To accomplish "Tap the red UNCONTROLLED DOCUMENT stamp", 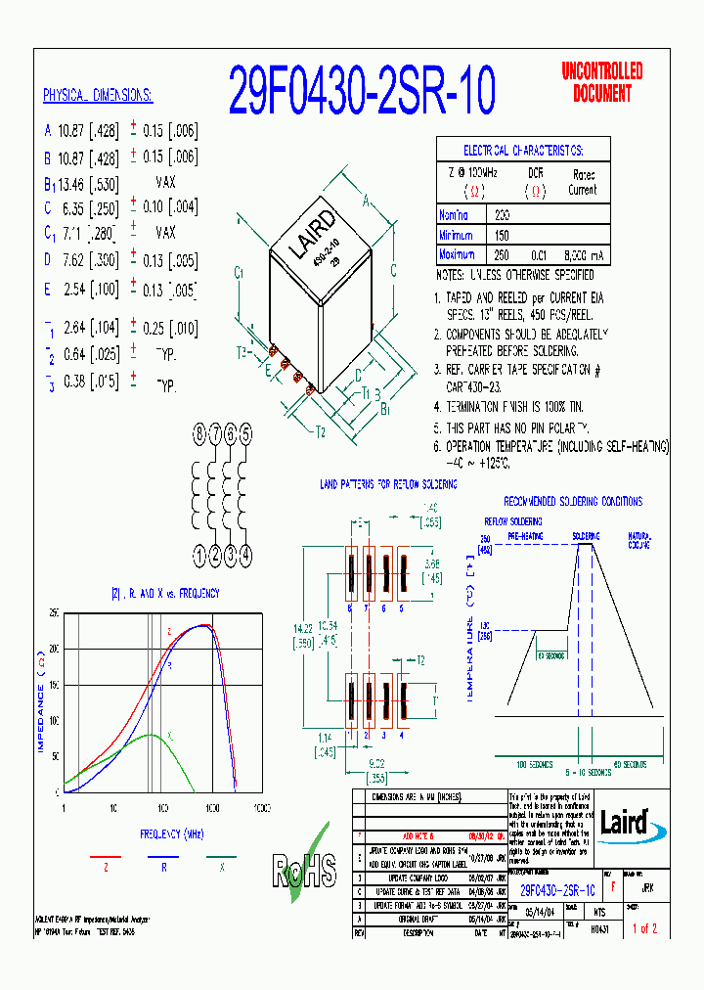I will (x=601, y=82).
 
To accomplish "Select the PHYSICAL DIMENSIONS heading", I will (x=98, y=95).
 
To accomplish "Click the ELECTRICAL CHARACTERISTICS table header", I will (x=522, y=150).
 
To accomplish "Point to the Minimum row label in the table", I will (x=460, y=235).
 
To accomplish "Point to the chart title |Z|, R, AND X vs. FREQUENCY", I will (x=165, y=593).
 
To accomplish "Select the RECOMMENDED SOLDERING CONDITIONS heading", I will (x=573, y=501).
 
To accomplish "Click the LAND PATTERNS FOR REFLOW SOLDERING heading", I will (x=388, y=484).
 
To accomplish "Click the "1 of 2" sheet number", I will (x=644, y=928).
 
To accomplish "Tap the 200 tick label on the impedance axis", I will (x=54, y=649).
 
